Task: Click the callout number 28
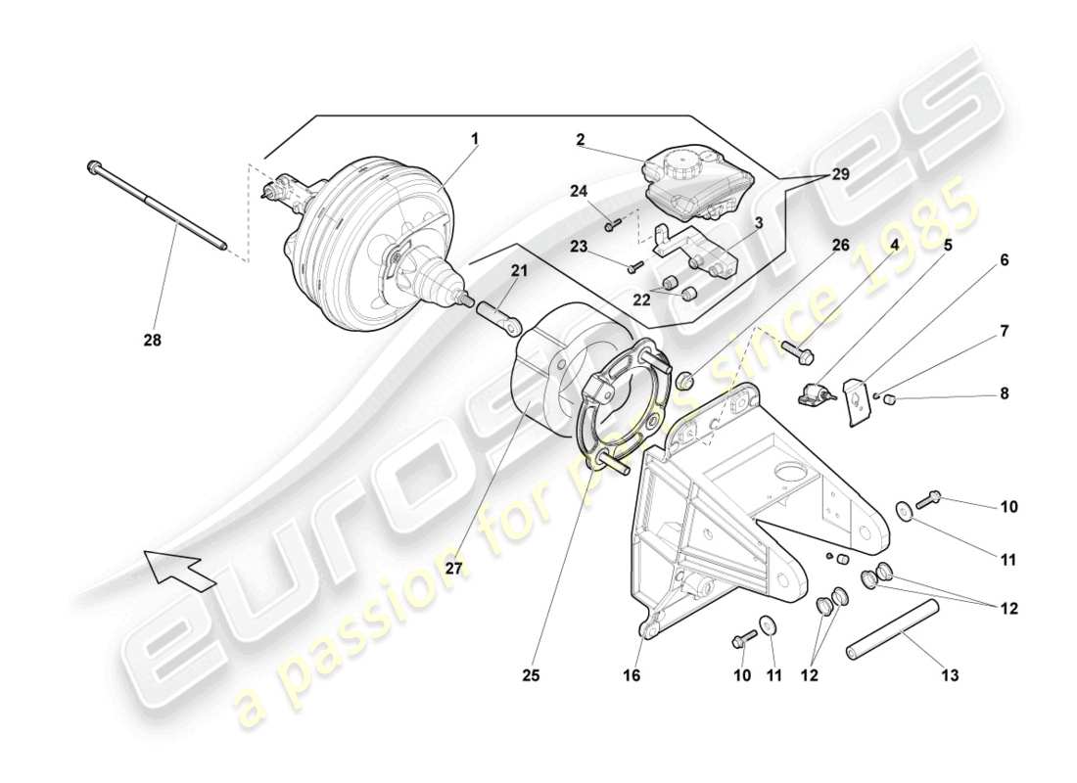152,341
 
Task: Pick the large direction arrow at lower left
181,569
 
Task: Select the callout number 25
530,674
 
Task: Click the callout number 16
632,674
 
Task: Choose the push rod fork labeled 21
498,318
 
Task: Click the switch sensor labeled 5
817,394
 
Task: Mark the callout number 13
949,674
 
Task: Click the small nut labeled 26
684,379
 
